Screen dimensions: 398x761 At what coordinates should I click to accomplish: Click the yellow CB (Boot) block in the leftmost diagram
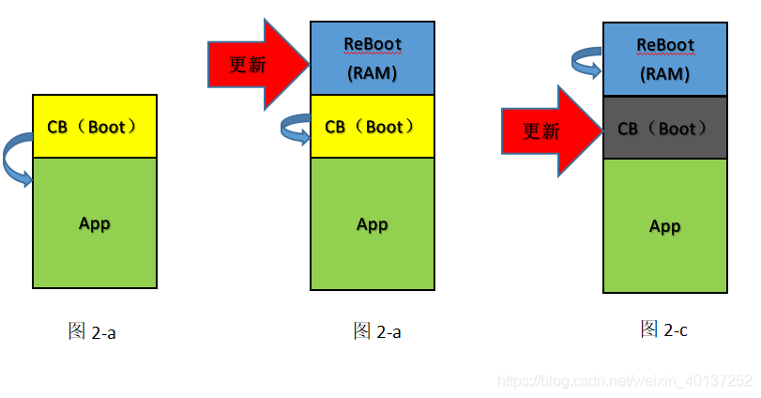click(94, 126)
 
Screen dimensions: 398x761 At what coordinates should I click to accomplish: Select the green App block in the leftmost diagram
click(94, 222)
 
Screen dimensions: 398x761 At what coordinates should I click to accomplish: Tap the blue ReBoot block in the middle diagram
click(373, 57)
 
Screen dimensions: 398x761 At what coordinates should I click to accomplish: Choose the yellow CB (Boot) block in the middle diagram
click(373, 126)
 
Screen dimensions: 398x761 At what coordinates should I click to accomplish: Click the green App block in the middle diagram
click(373, 224)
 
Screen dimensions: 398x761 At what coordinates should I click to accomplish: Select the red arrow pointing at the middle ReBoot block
click(258, 64)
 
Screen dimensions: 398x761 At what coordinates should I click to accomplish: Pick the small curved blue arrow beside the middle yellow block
click(296, 129)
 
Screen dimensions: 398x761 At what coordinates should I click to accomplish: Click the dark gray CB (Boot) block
click(664, 128)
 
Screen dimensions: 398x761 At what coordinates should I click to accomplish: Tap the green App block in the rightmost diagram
click(664, 226)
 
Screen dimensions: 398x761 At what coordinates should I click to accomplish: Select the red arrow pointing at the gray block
click(549, 130)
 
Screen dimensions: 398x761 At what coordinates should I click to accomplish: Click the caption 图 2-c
click(664, 329)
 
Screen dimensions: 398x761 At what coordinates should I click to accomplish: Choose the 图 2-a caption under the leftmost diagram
click(92, 331)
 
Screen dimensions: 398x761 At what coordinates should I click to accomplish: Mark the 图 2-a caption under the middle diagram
click(377, 330)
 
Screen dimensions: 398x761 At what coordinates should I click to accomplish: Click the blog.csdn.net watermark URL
click(624, 380)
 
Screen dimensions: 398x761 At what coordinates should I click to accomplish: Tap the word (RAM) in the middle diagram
click(373, 71)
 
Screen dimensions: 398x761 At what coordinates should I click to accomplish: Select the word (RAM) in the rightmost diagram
click(664, 71)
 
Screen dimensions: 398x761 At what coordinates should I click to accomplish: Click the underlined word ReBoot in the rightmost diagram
click(664, 45)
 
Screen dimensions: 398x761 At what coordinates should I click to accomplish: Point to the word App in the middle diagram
click(373, 224)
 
